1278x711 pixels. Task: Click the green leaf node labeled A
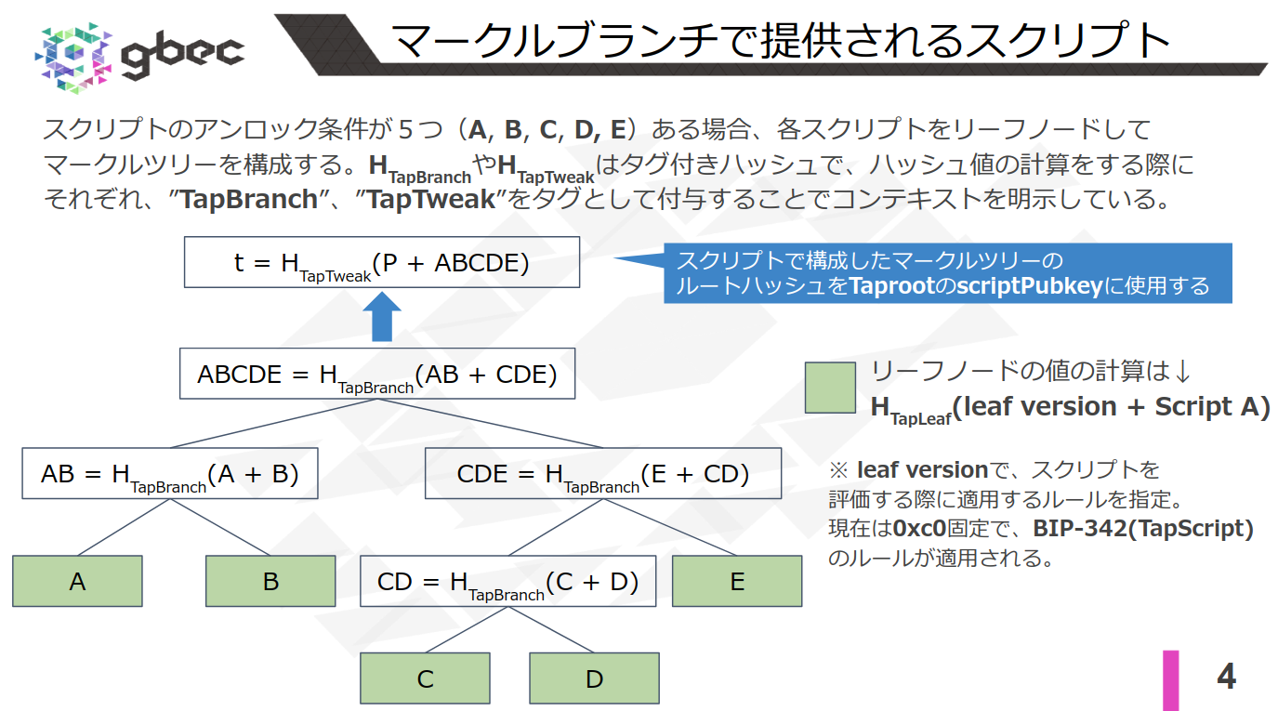tap(77, 581)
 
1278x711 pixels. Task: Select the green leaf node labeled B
tap(270, 581)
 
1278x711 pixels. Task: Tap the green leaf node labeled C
tap(425, 678)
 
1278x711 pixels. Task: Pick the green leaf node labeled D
tap(594, 678)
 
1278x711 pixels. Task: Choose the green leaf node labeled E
tap(737, 581)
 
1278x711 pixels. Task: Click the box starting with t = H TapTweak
tap(382, 263)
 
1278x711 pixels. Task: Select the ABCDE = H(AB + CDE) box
tap(377, 375)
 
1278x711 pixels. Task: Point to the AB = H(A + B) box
tap(170, 474)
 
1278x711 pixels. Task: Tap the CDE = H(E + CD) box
tap(603, 474)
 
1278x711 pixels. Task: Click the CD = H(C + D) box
tap(508, 582)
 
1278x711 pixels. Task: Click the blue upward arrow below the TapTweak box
tap(381, 318)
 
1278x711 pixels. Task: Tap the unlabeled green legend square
tap(830, 388)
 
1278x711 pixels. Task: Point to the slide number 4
tap(1226, 677)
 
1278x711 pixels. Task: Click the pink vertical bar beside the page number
tap(1170, 680)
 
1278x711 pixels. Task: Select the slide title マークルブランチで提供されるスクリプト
tap(780, 41)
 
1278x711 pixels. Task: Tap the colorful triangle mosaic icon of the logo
tap(73, 53)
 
